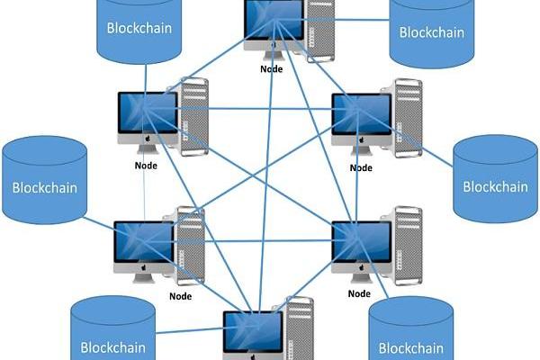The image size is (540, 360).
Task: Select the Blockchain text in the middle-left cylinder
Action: click(44, 189)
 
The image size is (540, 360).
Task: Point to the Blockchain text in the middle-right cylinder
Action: click(495, 187)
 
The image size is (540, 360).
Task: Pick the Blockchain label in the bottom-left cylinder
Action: click(113, 346)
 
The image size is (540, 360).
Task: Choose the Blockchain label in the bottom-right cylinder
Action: click(411, 348)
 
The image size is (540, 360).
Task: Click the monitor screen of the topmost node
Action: click(274, 20)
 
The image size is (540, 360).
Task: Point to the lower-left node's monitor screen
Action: click(143, 242)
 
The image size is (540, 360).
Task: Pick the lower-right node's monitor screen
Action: click(361, 241)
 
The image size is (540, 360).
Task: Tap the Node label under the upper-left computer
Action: click(146, 165)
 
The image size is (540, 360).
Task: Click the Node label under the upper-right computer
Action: click(361, 166)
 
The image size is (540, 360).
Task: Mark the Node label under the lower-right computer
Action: click(359, 293)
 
